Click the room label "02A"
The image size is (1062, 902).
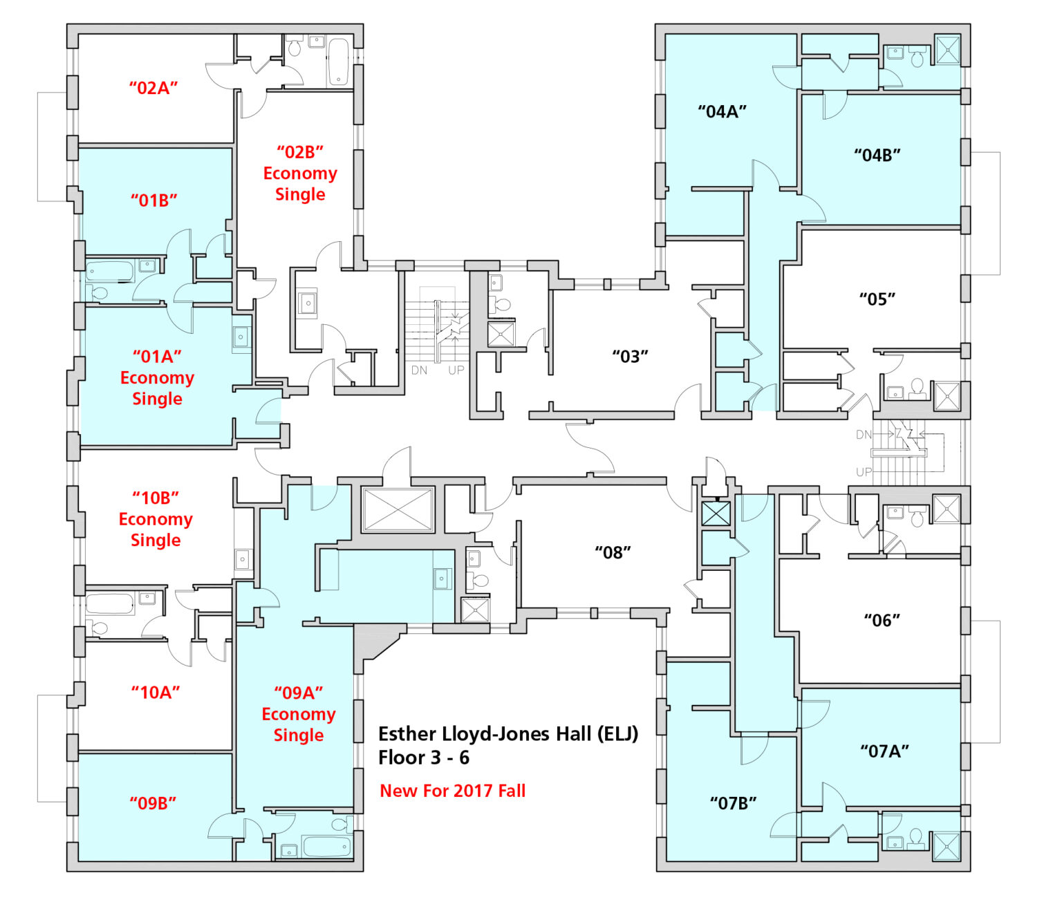tap(153, 88)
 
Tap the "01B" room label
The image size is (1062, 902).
tap(153, 200)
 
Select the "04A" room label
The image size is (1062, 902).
tap(722, 111)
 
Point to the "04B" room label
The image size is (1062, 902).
tap(877, 155)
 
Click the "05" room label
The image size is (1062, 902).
tap(877, 299)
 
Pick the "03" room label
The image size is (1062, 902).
tap(630, 357)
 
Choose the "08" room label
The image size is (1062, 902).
tap(613, 552)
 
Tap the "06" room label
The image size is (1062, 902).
tap(882, 620)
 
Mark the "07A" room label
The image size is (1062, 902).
tap(884, 751)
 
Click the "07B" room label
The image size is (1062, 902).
tap(733, 802)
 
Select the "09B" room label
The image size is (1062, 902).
tap(153, 802)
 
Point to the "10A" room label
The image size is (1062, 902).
tap(156, 692)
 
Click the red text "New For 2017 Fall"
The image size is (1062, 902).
tap(452, 791)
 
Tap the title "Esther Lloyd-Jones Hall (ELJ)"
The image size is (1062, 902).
tap(507, 733)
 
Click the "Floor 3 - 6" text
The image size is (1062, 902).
tap(423, 758)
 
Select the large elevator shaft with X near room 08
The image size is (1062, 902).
tap(398, 510)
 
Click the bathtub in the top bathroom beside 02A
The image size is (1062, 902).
tap(338, 62)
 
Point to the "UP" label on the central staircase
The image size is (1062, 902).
tap(456, 370)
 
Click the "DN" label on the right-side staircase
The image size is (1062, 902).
tap(864, 435)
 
